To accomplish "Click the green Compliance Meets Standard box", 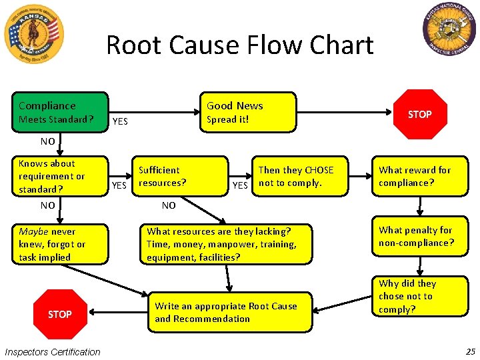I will point(62,112).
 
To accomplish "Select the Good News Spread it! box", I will point(247,112).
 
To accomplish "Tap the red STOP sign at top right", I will point(419,115).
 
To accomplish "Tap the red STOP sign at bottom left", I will point(59,314).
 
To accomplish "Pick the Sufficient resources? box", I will point(180,177).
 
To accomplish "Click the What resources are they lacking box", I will point(225,244).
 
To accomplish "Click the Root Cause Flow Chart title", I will point(239,45).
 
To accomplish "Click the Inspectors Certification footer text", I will point(53,352).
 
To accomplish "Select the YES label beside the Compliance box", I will point(120,121).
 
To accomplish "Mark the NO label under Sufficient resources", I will point(169,205).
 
